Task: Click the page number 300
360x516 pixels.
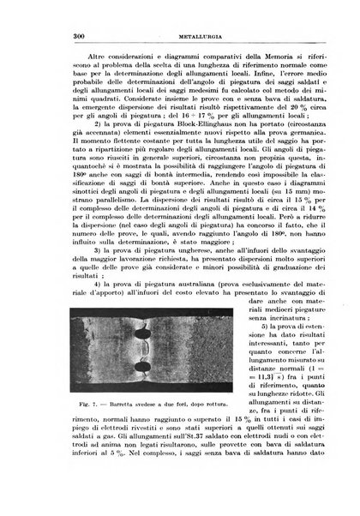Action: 49,35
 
